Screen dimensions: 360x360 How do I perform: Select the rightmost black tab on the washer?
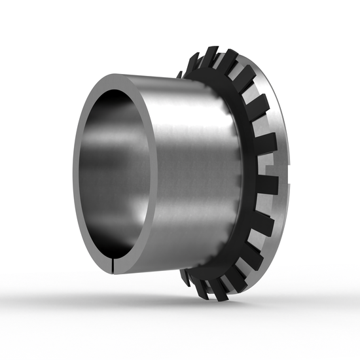pyautogui.click(x=266, y=185)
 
